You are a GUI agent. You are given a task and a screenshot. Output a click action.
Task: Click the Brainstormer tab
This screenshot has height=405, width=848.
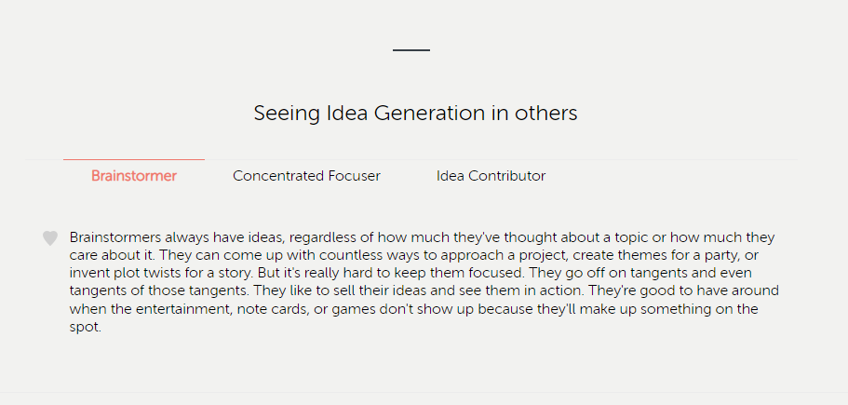pyautogui.click(x=134, y=176)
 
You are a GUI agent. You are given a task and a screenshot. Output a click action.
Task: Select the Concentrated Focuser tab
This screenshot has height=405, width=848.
pyautogui.click(x=306, y=176)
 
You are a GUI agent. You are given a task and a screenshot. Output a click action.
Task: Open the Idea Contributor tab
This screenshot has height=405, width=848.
pyautogui.click(x=491, y=176)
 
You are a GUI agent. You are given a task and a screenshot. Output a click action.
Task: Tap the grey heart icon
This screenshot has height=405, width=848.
pyautogui.click(x=50, y=238)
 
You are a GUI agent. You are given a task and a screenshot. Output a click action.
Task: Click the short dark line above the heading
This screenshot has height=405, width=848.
pyautogui.click(x=411, y=49)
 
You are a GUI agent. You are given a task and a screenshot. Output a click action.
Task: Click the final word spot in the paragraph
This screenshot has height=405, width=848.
pyautogui.click(x=85, y=328)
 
